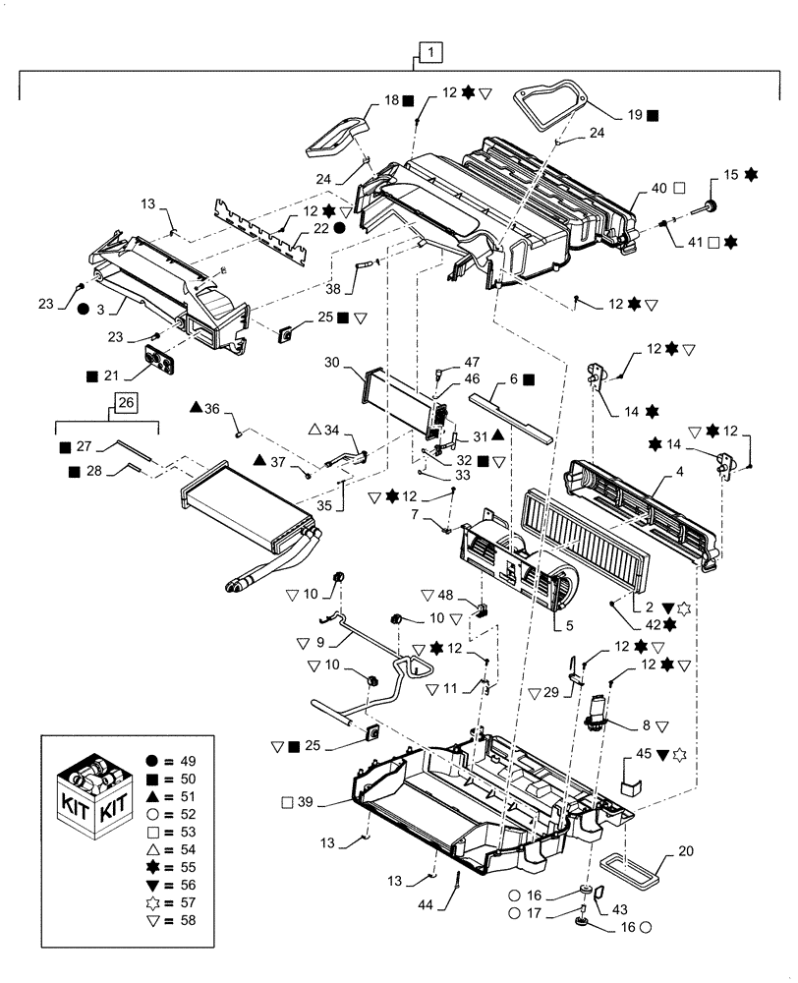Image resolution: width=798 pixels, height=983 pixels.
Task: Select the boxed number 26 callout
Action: tap(125, 402)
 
